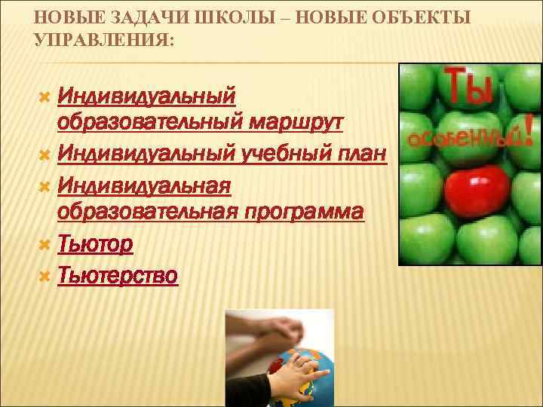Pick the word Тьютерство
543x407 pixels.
117,277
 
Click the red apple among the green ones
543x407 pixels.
477,190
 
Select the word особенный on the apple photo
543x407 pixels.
462,137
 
